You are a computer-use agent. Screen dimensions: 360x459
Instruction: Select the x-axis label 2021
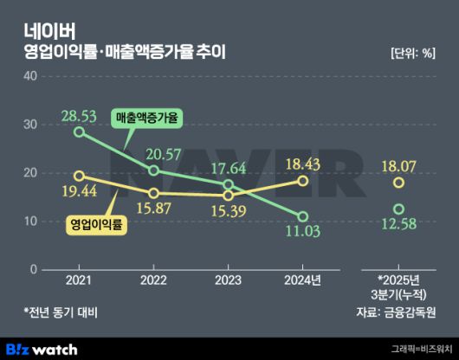tap(79, 280)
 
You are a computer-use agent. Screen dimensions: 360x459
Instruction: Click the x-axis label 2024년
tap(302, 280)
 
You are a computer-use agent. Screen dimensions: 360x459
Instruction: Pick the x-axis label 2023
tap(228, 280)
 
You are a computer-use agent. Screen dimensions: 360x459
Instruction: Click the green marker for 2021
tap(80, 132)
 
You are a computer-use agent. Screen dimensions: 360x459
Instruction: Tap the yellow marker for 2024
tap(302, 180)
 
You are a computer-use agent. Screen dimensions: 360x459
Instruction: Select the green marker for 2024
tap(302, 216)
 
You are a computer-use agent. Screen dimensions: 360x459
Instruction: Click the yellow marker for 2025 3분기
tap(398, 183)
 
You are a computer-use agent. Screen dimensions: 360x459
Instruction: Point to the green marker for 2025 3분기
tap(398, 209)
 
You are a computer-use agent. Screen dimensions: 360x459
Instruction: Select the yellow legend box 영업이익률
tap(96, 224)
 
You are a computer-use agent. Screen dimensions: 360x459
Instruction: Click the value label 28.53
tap(79, 114)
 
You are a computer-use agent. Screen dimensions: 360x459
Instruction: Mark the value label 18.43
tap(302, 163)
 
